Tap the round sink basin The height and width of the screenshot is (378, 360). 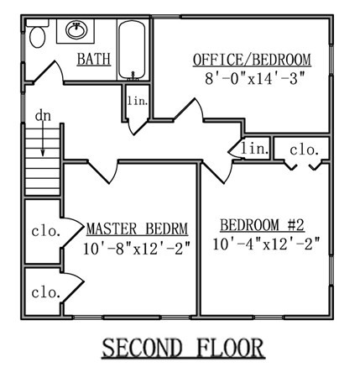(x=76, y=30)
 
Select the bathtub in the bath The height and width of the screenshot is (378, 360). (x=132, y=50)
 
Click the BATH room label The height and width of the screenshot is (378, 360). (x=94, y=59)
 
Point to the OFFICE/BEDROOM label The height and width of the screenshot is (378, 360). (x=252, y=60)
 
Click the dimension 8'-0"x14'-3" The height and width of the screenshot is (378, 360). (x=254, y=78)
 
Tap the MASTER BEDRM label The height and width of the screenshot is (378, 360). (x=137, y=228)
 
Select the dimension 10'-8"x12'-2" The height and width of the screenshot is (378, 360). (x=137, y=248)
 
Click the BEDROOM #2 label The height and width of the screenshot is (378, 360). (x=262, y=225)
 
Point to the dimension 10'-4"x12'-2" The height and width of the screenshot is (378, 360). (x=266, y=244)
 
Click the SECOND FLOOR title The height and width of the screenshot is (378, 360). (x=183, y=348)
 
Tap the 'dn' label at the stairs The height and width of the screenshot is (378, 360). (x=43, y=116)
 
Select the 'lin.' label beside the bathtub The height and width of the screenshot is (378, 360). (x=138, y=101)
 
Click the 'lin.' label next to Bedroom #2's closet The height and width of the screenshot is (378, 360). (x=255, y=149)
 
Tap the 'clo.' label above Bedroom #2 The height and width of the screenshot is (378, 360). (x=305, y=150)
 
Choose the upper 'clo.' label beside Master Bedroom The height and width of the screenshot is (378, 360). (x=46, y=231)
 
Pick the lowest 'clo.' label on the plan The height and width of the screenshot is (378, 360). (x=46, y=292)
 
